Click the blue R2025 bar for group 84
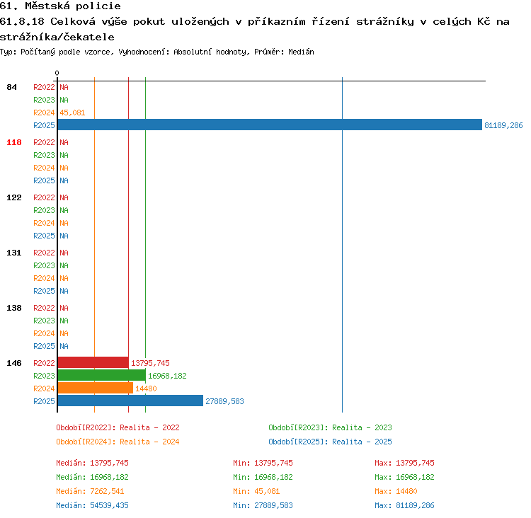coord(270,125)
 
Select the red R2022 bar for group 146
coord(93,362)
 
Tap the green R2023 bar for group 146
coord(101,375)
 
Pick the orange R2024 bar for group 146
coord(95,388)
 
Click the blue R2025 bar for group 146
coord(130,401)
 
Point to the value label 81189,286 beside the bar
coord(503,125)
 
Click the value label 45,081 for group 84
coord(72,113)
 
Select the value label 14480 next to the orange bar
coord(146,388)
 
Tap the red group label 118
coord(14,142)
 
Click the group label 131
coord(14,253)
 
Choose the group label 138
coord(14,308)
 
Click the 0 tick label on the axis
coord(57,73)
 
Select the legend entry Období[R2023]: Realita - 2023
coord(330,427)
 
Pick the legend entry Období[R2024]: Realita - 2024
coord(118,442)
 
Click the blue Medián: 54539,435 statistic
coord(93,505)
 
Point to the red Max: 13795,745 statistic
coord(404,463)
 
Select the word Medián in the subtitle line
coord(301,52)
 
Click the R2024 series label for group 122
coord(44,223)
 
